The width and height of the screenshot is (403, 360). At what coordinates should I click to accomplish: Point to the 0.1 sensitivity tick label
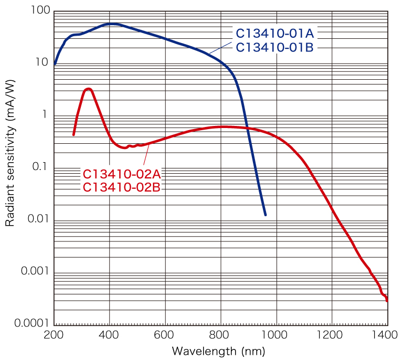pos(40,167)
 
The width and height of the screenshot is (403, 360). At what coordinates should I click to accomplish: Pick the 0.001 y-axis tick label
pos(34,271)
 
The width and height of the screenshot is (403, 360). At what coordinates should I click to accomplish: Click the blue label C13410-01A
pos(275,34)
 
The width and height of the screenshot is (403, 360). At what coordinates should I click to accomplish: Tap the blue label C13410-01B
pos(275,47)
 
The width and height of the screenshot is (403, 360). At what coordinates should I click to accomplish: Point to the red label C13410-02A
pos(121,174)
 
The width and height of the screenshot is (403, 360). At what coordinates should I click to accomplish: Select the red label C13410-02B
pos(121,187)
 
